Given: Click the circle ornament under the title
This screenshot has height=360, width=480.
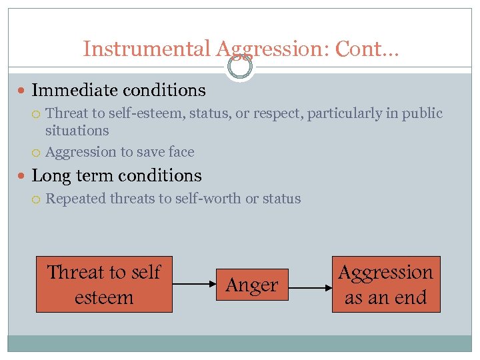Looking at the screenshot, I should (240, 67).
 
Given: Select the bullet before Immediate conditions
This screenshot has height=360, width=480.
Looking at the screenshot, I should (24, 90).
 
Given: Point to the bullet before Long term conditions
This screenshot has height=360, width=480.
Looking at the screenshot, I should (24, 176).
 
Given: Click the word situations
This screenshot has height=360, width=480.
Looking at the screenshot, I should (77, 131).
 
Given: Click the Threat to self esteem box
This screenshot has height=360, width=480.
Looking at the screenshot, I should (104, 285).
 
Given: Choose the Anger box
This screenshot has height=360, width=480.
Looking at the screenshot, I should (251, 285).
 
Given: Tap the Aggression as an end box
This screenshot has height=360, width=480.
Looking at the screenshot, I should (385, 285).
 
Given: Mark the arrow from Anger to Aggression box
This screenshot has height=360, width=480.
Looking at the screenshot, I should (310, 288).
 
